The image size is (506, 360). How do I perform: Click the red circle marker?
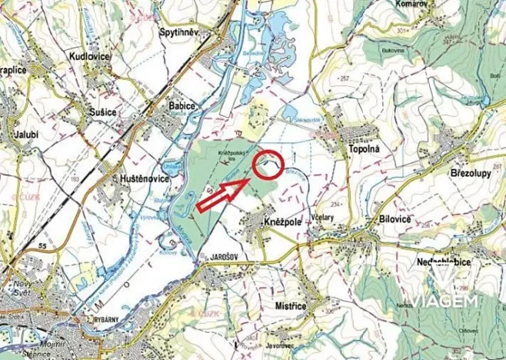pyautogui.click(x=268, y=164)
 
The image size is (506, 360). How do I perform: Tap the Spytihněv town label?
pyautogui.click(x=178, y=32)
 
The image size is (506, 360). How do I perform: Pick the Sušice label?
pyautogui.click(x=101, y=112)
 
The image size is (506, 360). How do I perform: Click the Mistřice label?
pyautogui.click(x=291, y=306)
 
